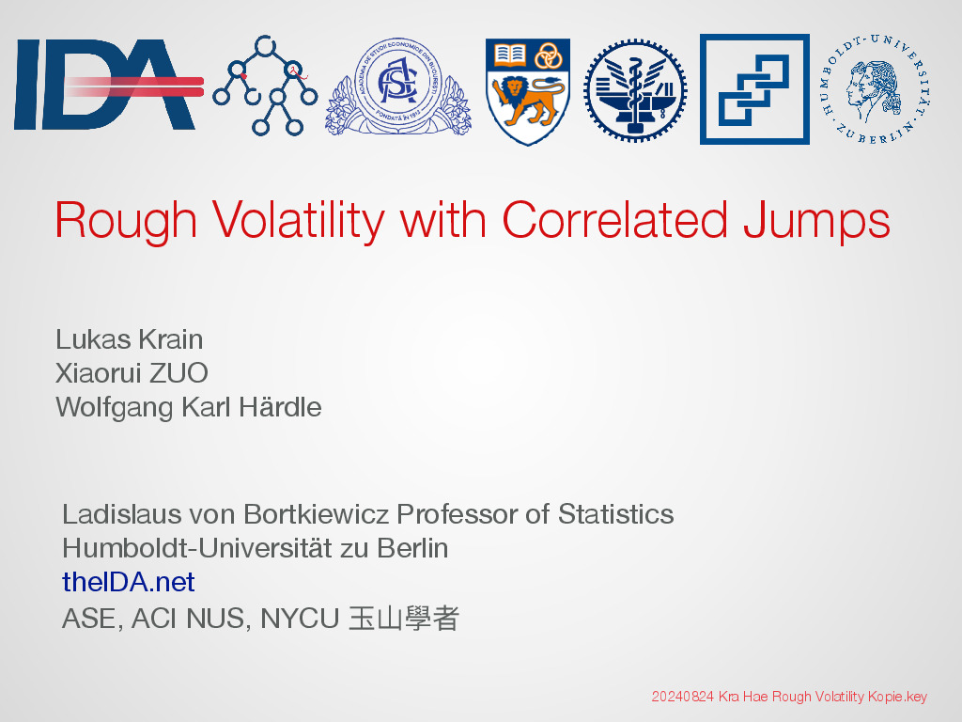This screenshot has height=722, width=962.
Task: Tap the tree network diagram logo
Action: coord(265,86)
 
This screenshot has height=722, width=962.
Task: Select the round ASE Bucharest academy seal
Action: coord(398,86)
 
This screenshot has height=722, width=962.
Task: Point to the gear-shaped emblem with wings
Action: coord(635,91)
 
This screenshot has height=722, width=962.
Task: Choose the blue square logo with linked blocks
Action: coord(754,89)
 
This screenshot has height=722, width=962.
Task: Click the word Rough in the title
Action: coord(126,221)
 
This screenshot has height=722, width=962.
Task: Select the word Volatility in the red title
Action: coord(299,220)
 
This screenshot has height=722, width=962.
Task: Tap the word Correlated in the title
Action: coord(614,220)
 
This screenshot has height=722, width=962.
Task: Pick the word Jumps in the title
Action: coord(816,221)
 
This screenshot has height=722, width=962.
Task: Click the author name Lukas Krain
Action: coord(130,339)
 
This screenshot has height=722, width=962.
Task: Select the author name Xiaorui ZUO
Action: coord(132,373)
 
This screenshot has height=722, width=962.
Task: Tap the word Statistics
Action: coord(615,514)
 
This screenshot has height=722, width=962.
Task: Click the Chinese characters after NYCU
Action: coord(404,619)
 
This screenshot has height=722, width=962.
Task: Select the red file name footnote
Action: coord(789,697)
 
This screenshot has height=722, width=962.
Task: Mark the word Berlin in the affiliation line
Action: coord(412,548)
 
